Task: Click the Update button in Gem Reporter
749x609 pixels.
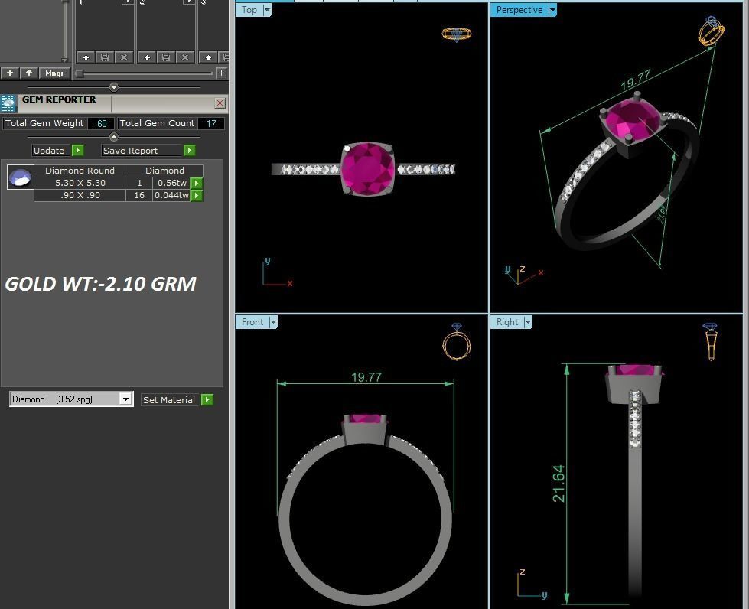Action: point(50,151)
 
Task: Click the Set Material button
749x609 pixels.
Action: point(169,399)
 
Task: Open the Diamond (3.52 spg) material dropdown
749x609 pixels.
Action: point(125,399)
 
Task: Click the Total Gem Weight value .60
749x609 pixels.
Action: point(101,123)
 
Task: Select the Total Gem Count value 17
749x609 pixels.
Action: point(211,123)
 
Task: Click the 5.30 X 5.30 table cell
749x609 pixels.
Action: point(80,183)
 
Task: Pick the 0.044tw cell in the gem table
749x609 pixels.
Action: point(171,195)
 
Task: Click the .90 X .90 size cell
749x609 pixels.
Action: point(80,195)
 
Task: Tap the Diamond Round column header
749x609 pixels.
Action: point(80,171)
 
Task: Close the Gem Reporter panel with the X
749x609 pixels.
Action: point(220,103)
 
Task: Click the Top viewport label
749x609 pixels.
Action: point(249,10)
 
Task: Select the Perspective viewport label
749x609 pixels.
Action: point(519,10)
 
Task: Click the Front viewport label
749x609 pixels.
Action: point(252,322)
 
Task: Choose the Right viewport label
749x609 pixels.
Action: point(507,322)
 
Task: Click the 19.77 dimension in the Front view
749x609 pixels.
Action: point(366,377)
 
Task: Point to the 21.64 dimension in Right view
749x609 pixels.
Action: point(558,484)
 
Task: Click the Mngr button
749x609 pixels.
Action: point(54,73)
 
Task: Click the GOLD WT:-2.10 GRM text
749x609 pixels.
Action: point(100,284)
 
